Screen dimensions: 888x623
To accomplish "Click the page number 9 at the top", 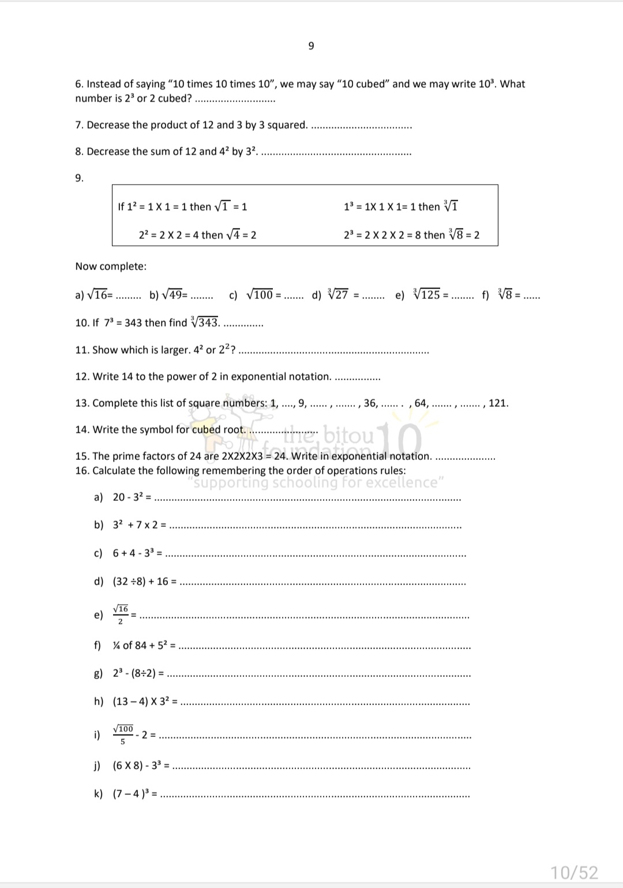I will click(x=311, y=46).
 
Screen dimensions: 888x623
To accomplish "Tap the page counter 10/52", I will click(x=574, y=872).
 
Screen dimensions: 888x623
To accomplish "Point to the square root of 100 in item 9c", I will click(x=260, y=295).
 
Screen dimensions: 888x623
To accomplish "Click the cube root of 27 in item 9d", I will click(x=338, y=295).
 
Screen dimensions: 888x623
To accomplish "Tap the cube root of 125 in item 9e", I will click(x=427, y=295).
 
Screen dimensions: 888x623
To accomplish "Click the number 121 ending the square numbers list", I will click(x=498, y=403).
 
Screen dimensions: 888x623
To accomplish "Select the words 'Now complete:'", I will click(x=111, y=267).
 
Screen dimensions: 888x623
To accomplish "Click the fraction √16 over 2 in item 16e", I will click(x=121, y=615).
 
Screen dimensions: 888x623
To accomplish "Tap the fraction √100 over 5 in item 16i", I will click(x=123, y=735).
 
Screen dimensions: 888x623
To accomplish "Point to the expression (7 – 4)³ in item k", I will click(x=131, y=794).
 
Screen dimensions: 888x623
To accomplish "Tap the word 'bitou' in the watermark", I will click(x=350, y=436).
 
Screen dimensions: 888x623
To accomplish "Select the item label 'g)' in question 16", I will click(x=98, y=673).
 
